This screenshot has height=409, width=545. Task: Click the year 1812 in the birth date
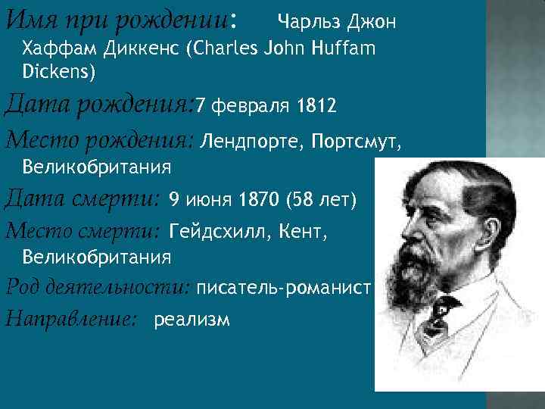pyautogui.click(x=316, y=106)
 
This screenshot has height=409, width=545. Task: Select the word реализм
pyautogui.click(x=192, y=320)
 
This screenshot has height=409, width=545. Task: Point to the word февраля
pyautogui.click(x=249, y=106)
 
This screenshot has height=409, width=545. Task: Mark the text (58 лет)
pyautogui.click(x=321, y=200)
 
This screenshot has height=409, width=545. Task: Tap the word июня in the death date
pyautogui.click(x=209, y=200)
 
